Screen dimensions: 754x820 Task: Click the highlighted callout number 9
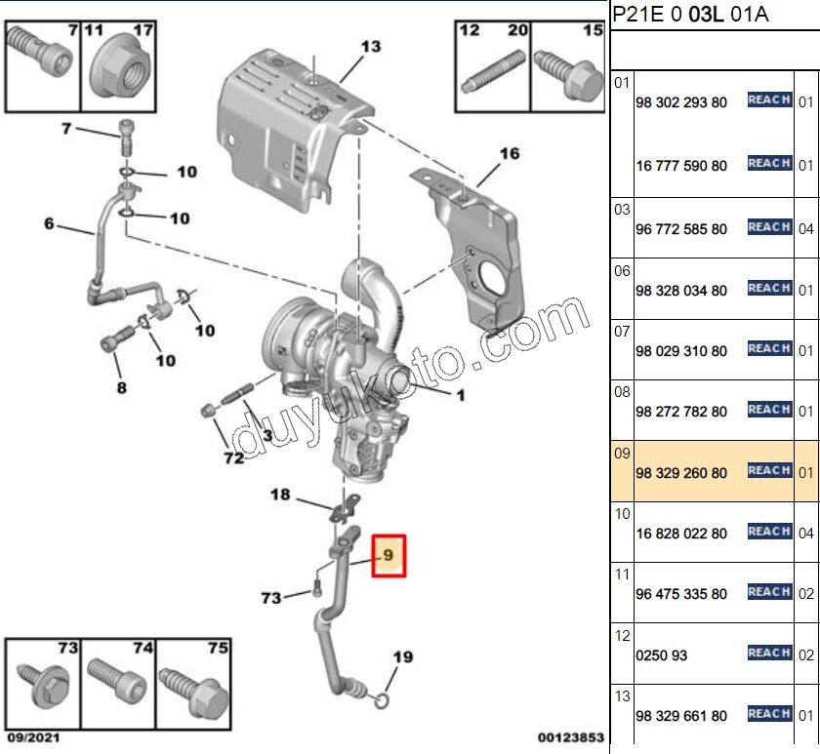click(388, 556)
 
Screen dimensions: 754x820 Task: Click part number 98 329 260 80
click(680, 473)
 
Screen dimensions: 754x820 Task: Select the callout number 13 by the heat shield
click(372, 46)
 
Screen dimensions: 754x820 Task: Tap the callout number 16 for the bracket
click(510, 153)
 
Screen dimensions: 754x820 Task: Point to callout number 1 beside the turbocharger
click(460, 395)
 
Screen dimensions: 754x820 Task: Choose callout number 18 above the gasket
click(280, 496)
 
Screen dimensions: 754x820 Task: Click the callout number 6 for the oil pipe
click(49, 223)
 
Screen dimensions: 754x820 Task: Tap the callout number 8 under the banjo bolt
click(121, 387)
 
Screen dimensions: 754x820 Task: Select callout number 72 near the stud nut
click(233, 457)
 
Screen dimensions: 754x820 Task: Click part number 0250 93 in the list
click(661, 655)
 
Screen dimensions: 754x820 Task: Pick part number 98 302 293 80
click(680, 102)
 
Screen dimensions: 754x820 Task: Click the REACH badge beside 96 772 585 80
click(769, 227)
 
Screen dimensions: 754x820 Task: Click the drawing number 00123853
click(571, 738)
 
